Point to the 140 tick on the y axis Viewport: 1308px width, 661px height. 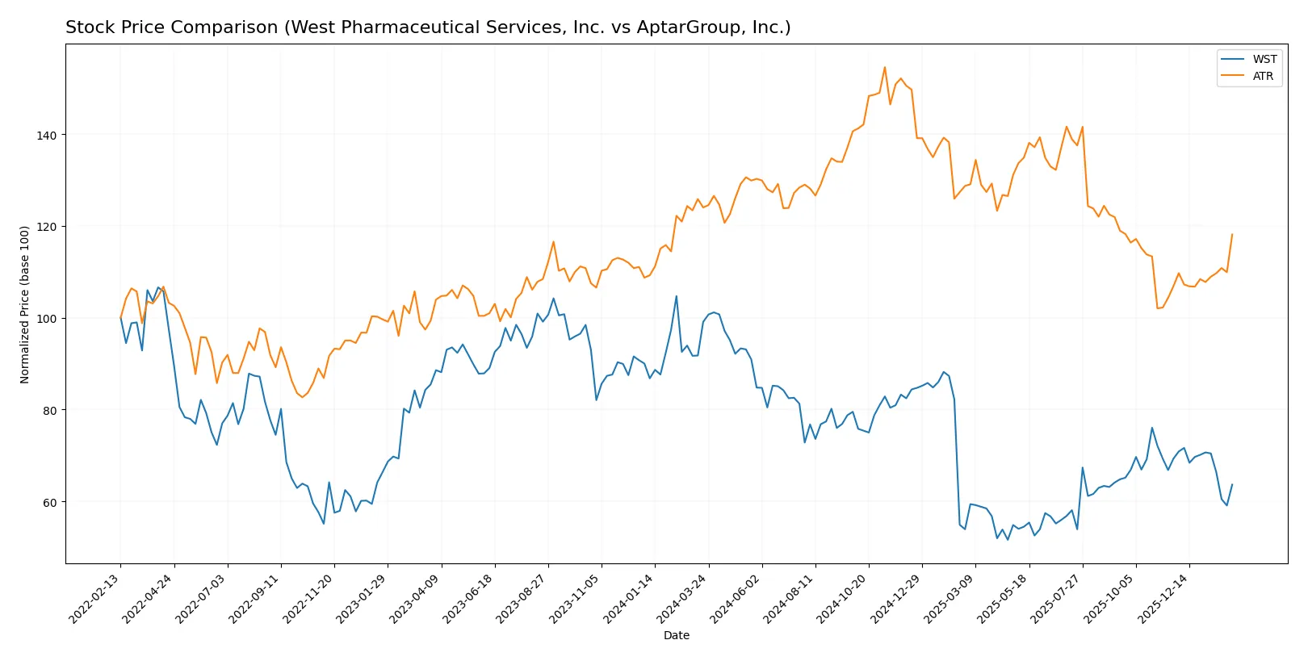pos(46,135)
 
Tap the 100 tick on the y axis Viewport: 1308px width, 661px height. pos(46,319)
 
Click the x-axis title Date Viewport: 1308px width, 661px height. pos(676,635)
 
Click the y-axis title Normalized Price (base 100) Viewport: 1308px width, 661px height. pos(25,304)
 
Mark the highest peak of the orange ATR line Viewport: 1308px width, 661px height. pos(884,67)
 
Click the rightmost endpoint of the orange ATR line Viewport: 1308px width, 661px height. pos(1232,235)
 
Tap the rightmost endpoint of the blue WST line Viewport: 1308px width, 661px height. pos(1232,485)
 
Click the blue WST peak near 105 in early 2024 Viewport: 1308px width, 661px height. pos(676,296)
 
